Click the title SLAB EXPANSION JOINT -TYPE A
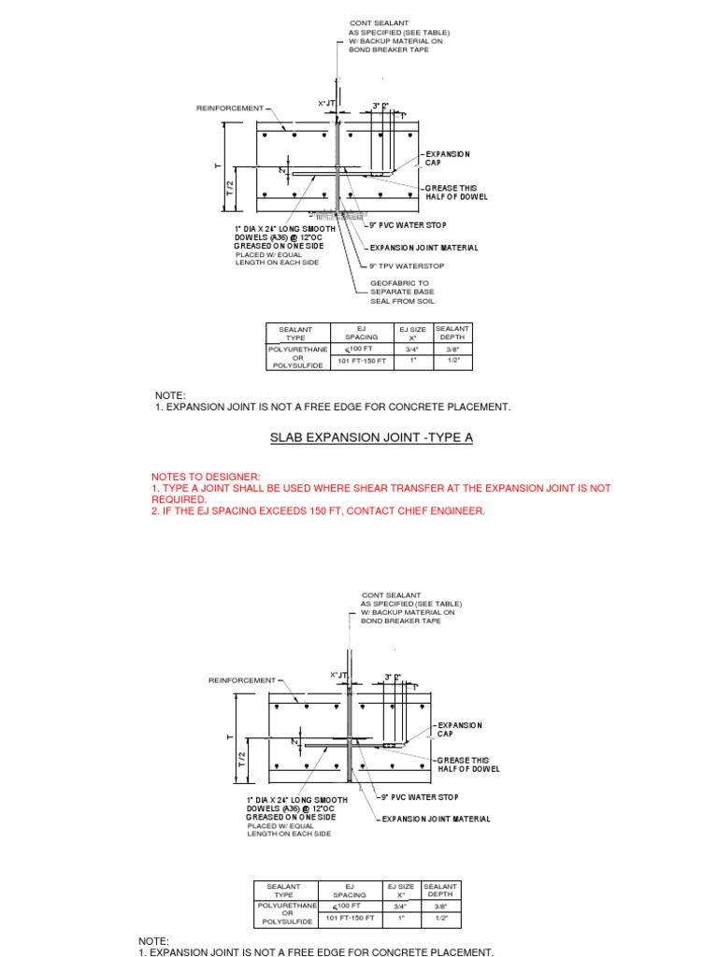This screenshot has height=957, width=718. click(359, 437)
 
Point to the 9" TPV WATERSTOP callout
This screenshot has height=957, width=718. click(407, 265)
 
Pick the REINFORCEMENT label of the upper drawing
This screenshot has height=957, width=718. click(229, 108)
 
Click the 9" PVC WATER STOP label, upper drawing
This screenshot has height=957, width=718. click(407, 225)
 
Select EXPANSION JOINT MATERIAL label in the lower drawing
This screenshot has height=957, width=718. click(437, 819)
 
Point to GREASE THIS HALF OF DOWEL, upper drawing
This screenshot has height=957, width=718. click(455, 193)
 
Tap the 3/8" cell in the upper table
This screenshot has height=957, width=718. click(453, 350)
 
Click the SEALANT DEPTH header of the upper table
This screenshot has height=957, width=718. click(453, 332)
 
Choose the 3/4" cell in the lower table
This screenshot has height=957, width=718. click(400, 906)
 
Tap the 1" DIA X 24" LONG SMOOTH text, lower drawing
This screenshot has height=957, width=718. click(297, 800)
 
